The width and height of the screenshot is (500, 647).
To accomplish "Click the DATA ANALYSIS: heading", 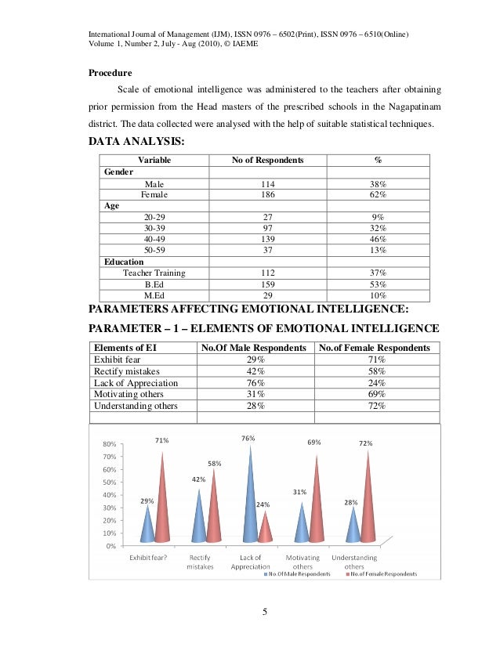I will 136,143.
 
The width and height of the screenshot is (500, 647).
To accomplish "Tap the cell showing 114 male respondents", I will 266,183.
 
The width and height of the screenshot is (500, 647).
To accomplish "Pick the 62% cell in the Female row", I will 378,193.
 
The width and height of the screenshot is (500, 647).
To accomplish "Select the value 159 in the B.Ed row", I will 266,284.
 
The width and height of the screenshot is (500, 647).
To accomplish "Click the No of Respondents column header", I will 266,160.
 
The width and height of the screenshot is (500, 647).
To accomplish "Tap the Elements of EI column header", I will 123,348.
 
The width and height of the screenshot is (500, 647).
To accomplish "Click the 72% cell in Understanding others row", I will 375,406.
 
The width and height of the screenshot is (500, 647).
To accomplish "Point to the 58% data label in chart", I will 214,464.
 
